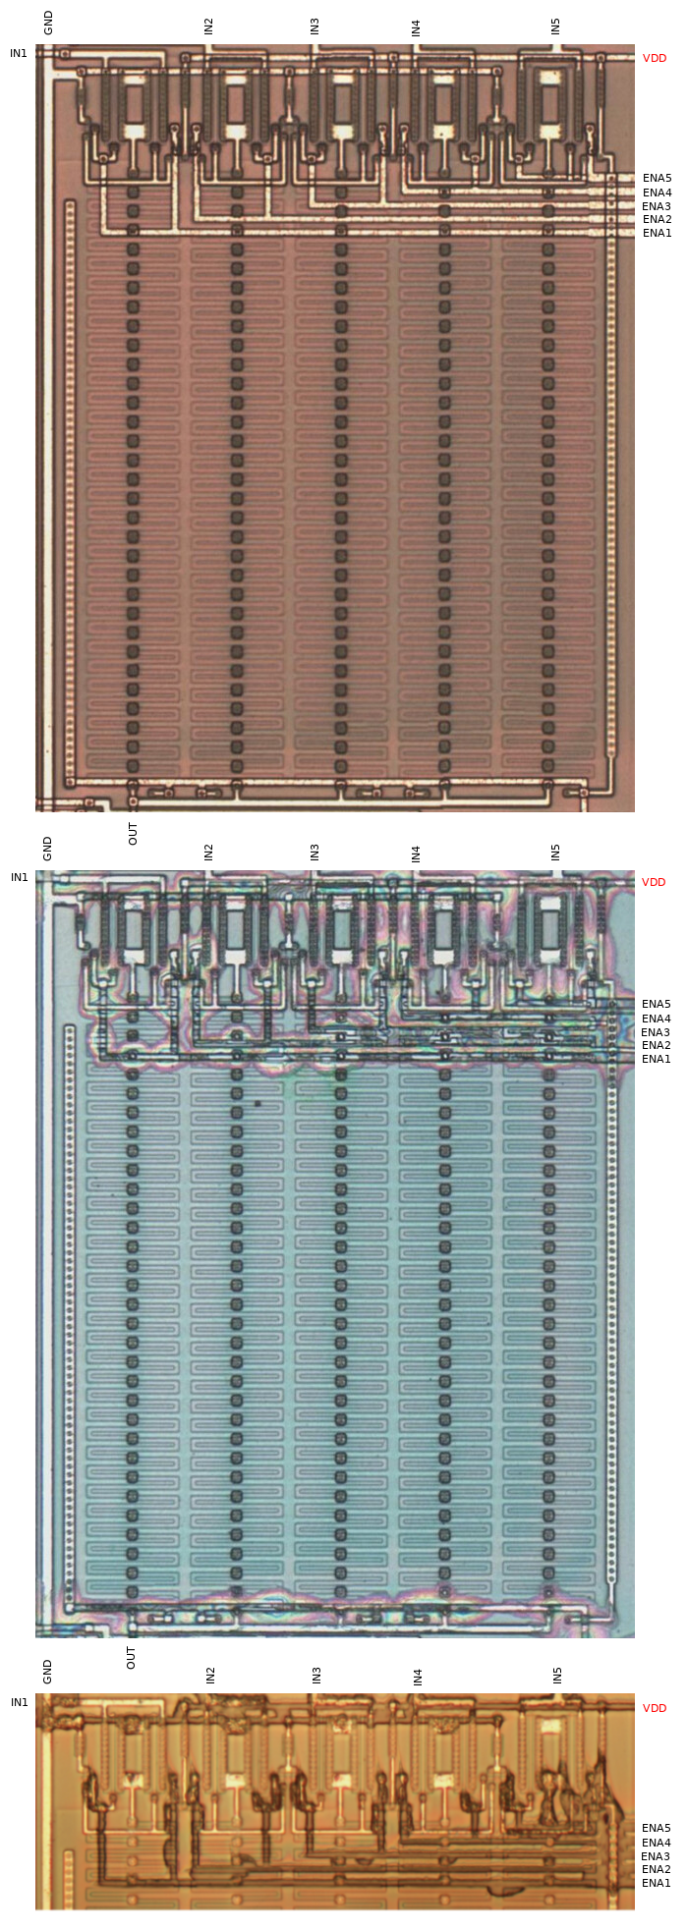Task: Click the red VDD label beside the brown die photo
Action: (654, 58)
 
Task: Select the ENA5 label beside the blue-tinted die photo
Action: (656, 1004)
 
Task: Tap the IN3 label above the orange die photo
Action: (316, 1675)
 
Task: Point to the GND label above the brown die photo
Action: (48, 23)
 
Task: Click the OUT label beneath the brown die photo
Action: (133, 833)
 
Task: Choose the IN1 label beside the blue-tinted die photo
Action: (19, 877)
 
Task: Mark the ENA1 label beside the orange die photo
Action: (656, 1883)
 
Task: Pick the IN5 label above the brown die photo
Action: (555, 27)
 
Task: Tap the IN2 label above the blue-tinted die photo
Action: (208, 852)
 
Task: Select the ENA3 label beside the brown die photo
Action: (657, 206)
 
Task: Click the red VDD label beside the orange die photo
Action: (654, 1708)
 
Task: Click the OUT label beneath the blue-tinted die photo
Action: (131, 1658)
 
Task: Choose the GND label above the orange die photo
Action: (47, 1671)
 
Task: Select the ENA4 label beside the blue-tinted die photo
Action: (656, 1019)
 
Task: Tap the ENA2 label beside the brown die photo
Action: (657, 219)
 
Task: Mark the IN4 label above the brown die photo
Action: (416, 28)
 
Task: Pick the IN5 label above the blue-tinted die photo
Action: (555, 852)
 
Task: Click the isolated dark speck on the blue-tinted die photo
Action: (258, 1104)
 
